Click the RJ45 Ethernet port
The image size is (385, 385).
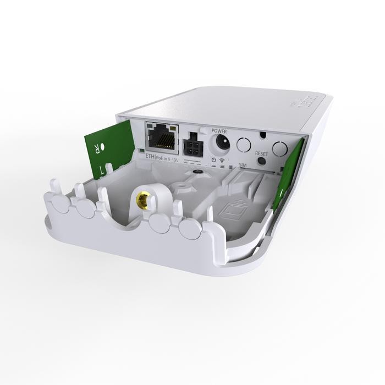click(x=162, y=136)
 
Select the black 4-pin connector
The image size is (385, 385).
click(x=193, y=141)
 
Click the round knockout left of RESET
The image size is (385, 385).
click(x=244, y=144)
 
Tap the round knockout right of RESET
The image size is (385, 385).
click(x=280, y=148)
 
